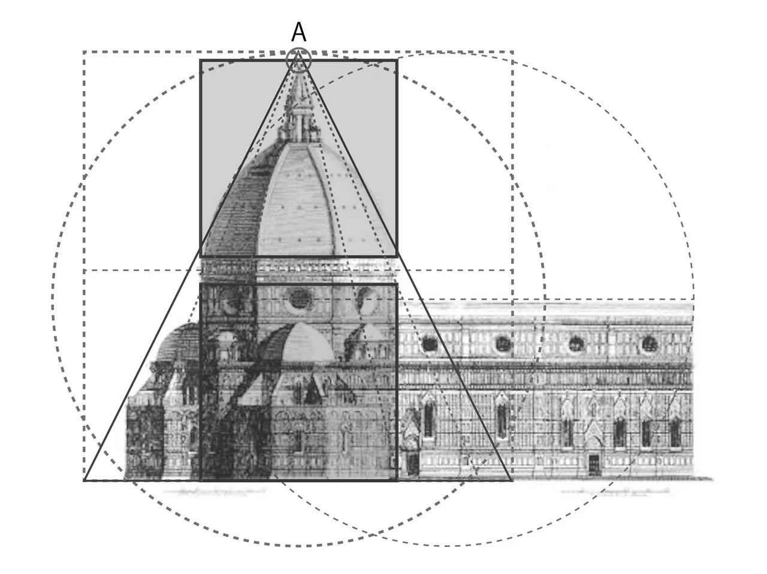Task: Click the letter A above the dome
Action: coord(298,32)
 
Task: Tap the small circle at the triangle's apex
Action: coord(298,60)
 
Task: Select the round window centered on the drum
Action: coord(298,298)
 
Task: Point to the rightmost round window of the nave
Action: coord(650,344)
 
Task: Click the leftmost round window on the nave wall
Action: coord(430,344)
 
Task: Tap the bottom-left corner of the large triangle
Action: coord(84,480)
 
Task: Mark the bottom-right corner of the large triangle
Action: coord(512,480)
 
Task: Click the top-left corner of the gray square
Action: coord(200,60)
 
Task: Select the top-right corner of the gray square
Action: coord(397,60)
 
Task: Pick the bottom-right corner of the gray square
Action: coord(397,257)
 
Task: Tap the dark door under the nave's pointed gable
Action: coord(593,464)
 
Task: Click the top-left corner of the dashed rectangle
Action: coord(84,52)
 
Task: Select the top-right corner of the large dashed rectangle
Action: coord(513,52)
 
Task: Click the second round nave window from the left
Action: coord(503,344)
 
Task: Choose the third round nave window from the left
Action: coord(576,344)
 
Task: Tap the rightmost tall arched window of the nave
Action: coord(675,431)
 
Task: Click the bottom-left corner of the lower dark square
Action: coord(200,480)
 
